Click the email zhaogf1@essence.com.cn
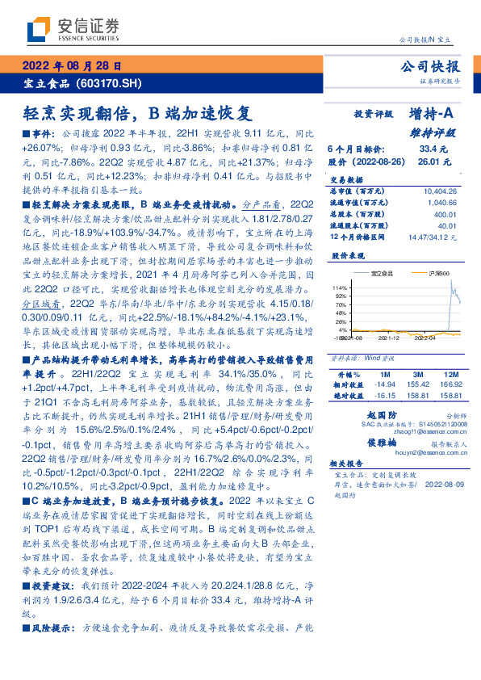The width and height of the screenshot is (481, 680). coord(391,433)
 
